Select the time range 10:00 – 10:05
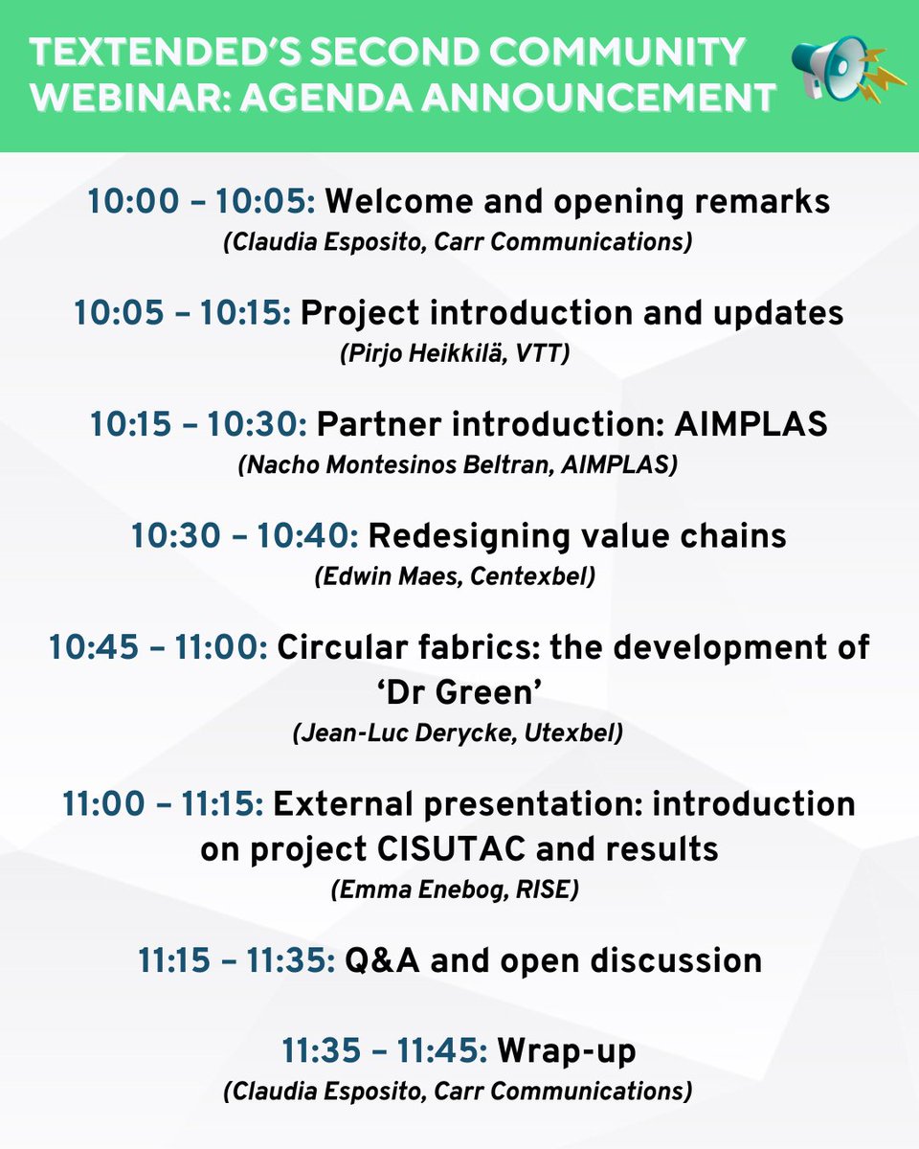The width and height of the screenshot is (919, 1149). point(201,202)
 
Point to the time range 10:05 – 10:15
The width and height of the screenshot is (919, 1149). point(183,313)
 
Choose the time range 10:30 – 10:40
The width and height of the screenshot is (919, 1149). point(245,536)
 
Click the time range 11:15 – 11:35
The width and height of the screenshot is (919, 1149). point(237,961)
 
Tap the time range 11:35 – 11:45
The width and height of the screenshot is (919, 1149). point(385,1050)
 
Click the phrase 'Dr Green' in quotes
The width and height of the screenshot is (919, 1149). point(459,693)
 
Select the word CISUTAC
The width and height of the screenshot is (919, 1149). point(451,849)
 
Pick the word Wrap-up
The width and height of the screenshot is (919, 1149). point(567,1052)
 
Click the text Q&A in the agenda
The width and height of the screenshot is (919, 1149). point(382,961)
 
